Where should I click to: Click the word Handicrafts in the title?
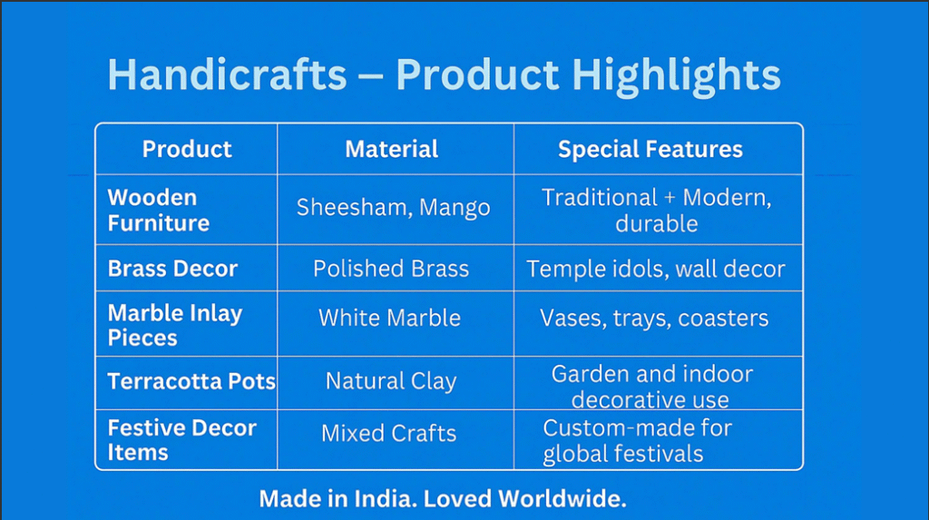click(x=227, y=74)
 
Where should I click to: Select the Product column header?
click(x=187, y=149)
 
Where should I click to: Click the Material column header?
click(x=392, y=149)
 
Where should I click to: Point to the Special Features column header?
click(x=650, y=150)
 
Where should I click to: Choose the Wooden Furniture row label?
click(x=158, y=210)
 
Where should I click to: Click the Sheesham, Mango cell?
click(x=394, y=208)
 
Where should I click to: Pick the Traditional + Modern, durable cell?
click(x=657, y=211)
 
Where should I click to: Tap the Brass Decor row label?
click(x=172, y=269)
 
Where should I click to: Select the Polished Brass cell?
click(x=391, y=269)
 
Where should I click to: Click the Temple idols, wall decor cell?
click(x=656, y=270)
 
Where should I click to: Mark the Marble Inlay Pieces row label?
click(x=175, y=325)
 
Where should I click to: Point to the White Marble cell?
click(x=389, y=318)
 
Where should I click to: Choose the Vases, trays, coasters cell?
click(x=654, y=319)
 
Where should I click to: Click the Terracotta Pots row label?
click(x=191, y=381)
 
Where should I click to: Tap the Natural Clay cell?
click(x=391, y=381)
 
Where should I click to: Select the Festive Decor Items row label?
click(x=181, y=440)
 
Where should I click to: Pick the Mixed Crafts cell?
click(x=388, y=434)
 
